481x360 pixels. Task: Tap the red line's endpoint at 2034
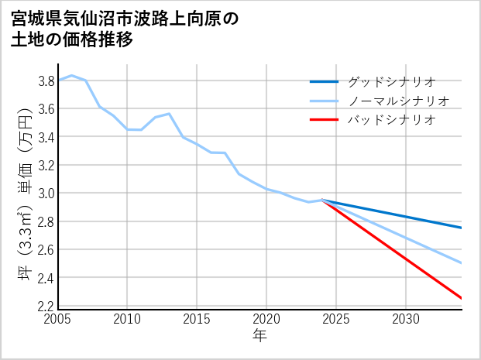click(462, 298)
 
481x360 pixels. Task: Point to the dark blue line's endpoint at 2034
click(462, 228)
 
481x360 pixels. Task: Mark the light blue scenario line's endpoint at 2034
click(462, 263)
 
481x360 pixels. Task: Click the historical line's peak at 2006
click(71, 75)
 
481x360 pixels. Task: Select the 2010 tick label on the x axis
click(127, 319)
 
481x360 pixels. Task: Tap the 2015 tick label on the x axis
click(197, 319)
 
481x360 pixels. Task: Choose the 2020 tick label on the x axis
click(266, 319)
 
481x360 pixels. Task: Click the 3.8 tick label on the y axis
click(45, 81)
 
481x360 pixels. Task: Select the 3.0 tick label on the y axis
click(45, 193)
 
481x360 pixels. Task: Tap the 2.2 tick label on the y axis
click(45, 306)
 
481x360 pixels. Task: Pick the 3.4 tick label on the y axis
click(45, 137)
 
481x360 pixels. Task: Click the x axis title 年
click(259, 336)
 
